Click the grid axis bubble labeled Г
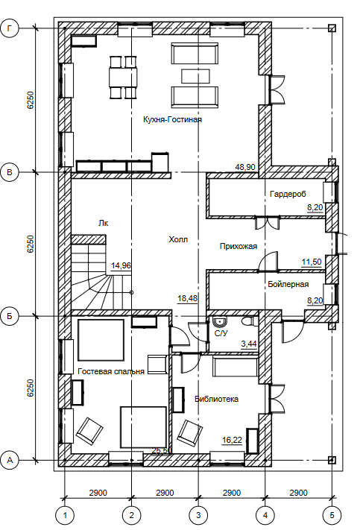pyautogui.click(x=10, y=29)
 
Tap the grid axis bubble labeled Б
pyautogui.click(x=10, y=316)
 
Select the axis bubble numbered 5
pyautogui.click(x=332, y=515)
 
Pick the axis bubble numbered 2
pyautogui.click(x=131, y=515)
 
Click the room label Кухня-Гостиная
pyautogui.click(x=172, y=120)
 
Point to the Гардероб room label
pyautogui.click(x=288, y=194)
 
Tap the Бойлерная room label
pyautogui.click(x=288, y=284)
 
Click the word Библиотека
pyautogui.click(x=217, y=399)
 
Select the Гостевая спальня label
pyautogui.click(x=111, y=371)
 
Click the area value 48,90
pyautogui.click(x=246, y=167)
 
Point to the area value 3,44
pyautogui.click(x=249, y=344)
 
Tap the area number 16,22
pyautogui.click(x=233, y=440)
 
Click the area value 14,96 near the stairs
pyautogui.click(x=121, y=265)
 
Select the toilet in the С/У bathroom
pyautogui.click(x=250, y=321)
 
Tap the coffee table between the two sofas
pyautogui.click(x=195, y=76)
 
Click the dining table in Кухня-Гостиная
pyautogui.click(x=123, y=78)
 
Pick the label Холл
pyautogui.click(x=178, y=239)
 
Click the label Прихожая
pyautogui.click(x=239, y=247)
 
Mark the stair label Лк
pyautogui.click(x=104, y=224)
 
